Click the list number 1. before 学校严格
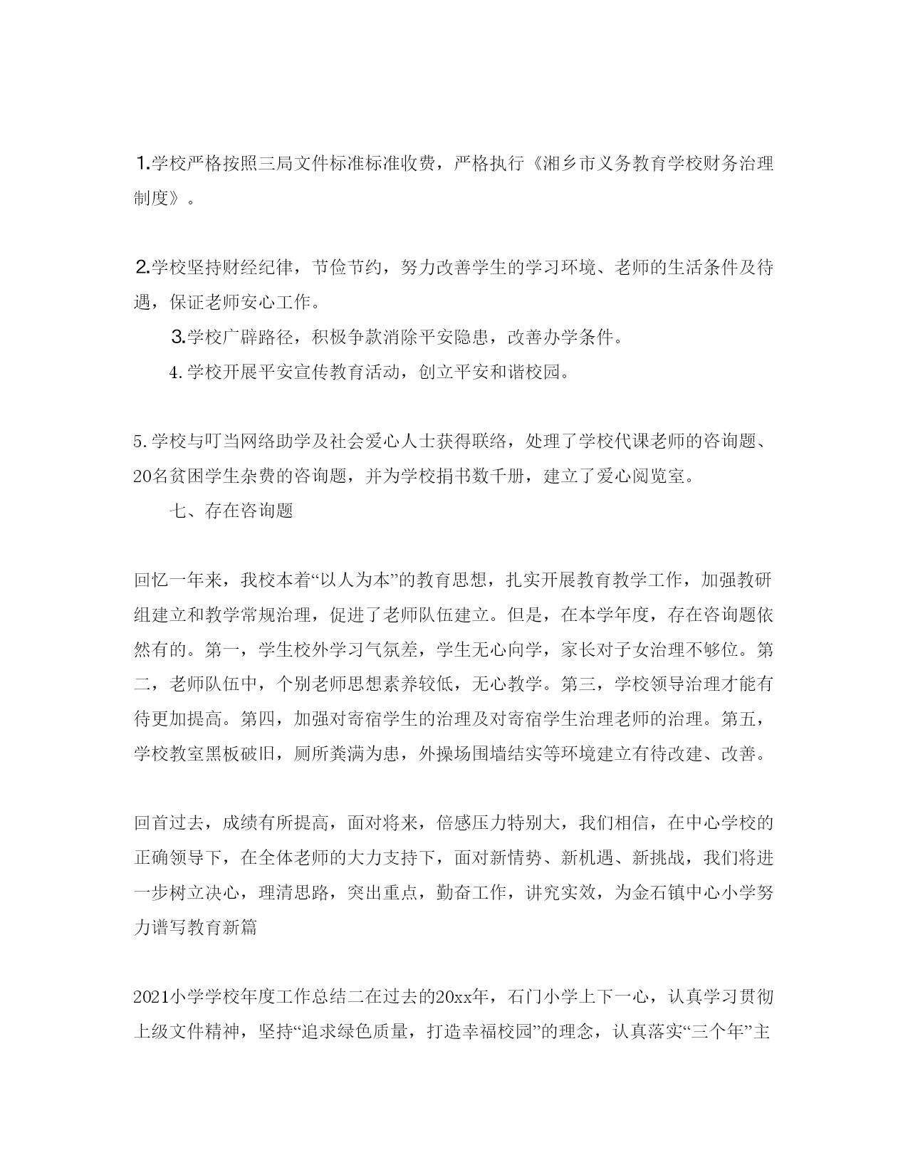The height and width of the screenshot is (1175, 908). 143,164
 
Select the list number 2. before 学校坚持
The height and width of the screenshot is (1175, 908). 143,268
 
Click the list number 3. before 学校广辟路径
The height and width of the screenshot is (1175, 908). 179,338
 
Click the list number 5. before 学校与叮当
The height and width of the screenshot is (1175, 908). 140,442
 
